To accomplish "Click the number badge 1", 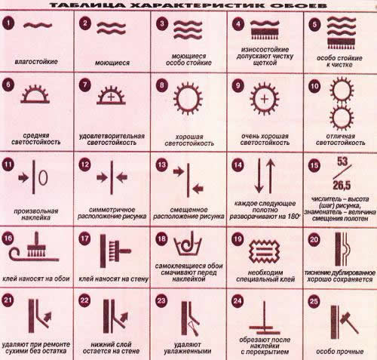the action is click(x=8, y=23).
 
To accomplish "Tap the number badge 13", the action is click(x=161, y=165).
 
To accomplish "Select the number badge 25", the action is click(x=314, y=301).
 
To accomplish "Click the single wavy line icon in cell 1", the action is click(x=38, y=25).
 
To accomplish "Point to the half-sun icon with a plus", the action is click(x=111, y=95).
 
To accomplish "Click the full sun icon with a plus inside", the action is click(x=265, y=99).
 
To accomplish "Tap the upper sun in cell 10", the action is click(x=342, y=90).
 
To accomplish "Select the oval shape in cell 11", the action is click(x=43, y=177).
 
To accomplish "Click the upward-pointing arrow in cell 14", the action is click(x=271, y=176).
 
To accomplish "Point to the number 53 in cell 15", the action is click(x=342, y=162).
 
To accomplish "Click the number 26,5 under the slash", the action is click(x=342, y=186).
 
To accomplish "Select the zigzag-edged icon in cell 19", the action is click(x=264, y=251).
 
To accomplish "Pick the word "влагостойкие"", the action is click(x=36, y=62).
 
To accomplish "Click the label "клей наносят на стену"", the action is click(x=114, y=279).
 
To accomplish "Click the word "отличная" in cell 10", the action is click(x=341, y=137).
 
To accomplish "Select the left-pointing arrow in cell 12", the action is click(x=121, y=177).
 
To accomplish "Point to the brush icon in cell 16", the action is click(x=37, y=245).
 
